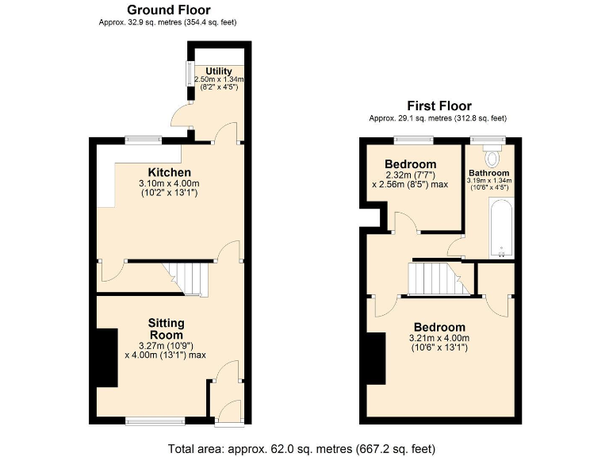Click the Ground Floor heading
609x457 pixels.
(168, 10)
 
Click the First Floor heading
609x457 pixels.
(439, 106)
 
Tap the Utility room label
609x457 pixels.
(219, 71)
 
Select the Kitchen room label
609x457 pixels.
(169, 172)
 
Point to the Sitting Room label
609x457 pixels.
(166, 329)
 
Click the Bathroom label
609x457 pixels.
(488, 173)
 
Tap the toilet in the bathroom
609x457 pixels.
(493, 152)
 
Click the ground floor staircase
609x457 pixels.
(190, 278)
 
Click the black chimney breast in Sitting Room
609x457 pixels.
(106, 358)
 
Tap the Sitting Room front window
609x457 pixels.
(155, 420)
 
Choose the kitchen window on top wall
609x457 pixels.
(144, 141)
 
